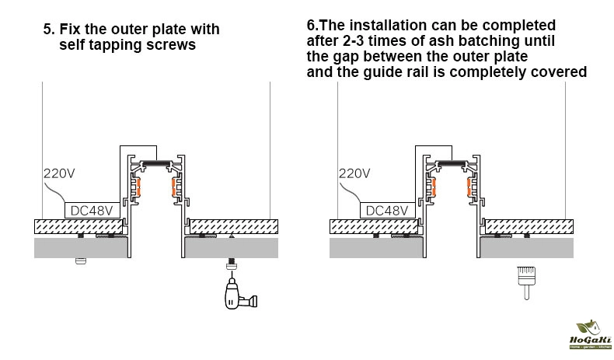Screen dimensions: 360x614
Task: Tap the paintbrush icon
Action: click(x=525, y=281)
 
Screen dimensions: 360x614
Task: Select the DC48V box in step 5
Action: click(x=91, y=210)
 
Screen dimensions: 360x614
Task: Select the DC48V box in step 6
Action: click(x=386, y=210)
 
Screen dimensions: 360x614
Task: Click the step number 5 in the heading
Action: click(x=48, y=30)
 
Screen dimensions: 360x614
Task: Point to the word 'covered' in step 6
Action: click(x=560, y=72)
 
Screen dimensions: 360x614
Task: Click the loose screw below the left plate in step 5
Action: click(x=79, y=262)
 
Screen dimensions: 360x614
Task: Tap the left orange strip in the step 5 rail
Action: click(x=141, y=187)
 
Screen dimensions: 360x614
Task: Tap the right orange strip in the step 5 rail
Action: click(x=170, y=187)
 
